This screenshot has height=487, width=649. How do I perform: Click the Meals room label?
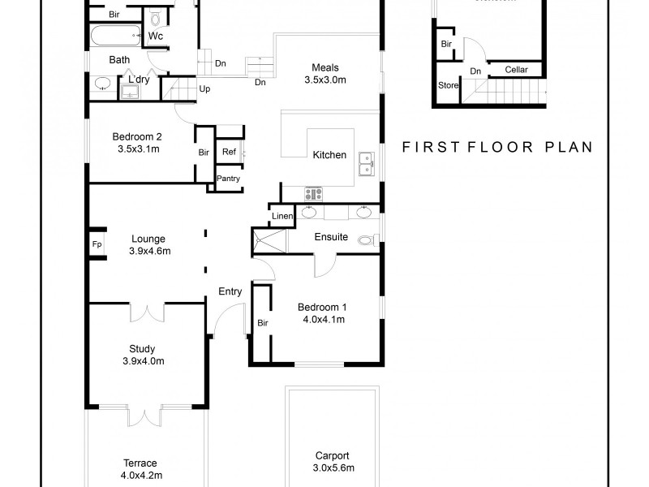(x=324, y=67)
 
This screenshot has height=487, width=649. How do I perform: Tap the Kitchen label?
(x=329, y=155)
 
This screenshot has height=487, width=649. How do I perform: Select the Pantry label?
(x=228, y=179)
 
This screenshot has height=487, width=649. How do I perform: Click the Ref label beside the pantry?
(x=229, y=152)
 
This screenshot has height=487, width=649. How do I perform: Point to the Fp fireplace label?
(x=97, y=244)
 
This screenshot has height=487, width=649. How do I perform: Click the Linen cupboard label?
(x=282, y=217)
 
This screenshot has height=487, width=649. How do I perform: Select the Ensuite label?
(x=332, y=238)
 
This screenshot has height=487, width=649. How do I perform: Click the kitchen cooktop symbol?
(x=313, y=193)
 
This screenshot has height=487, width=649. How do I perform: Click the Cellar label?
(x=516, y=70)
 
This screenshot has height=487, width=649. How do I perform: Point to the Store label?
(x=448, y=84)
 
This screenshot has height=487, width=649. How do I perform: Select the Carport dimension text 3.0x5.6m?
(x=333, y=468)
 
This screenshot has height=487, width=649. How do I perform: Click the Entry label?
(x=230, y=291)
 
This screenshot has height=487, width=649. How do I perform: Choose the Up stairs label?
(x=204, y=88)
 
